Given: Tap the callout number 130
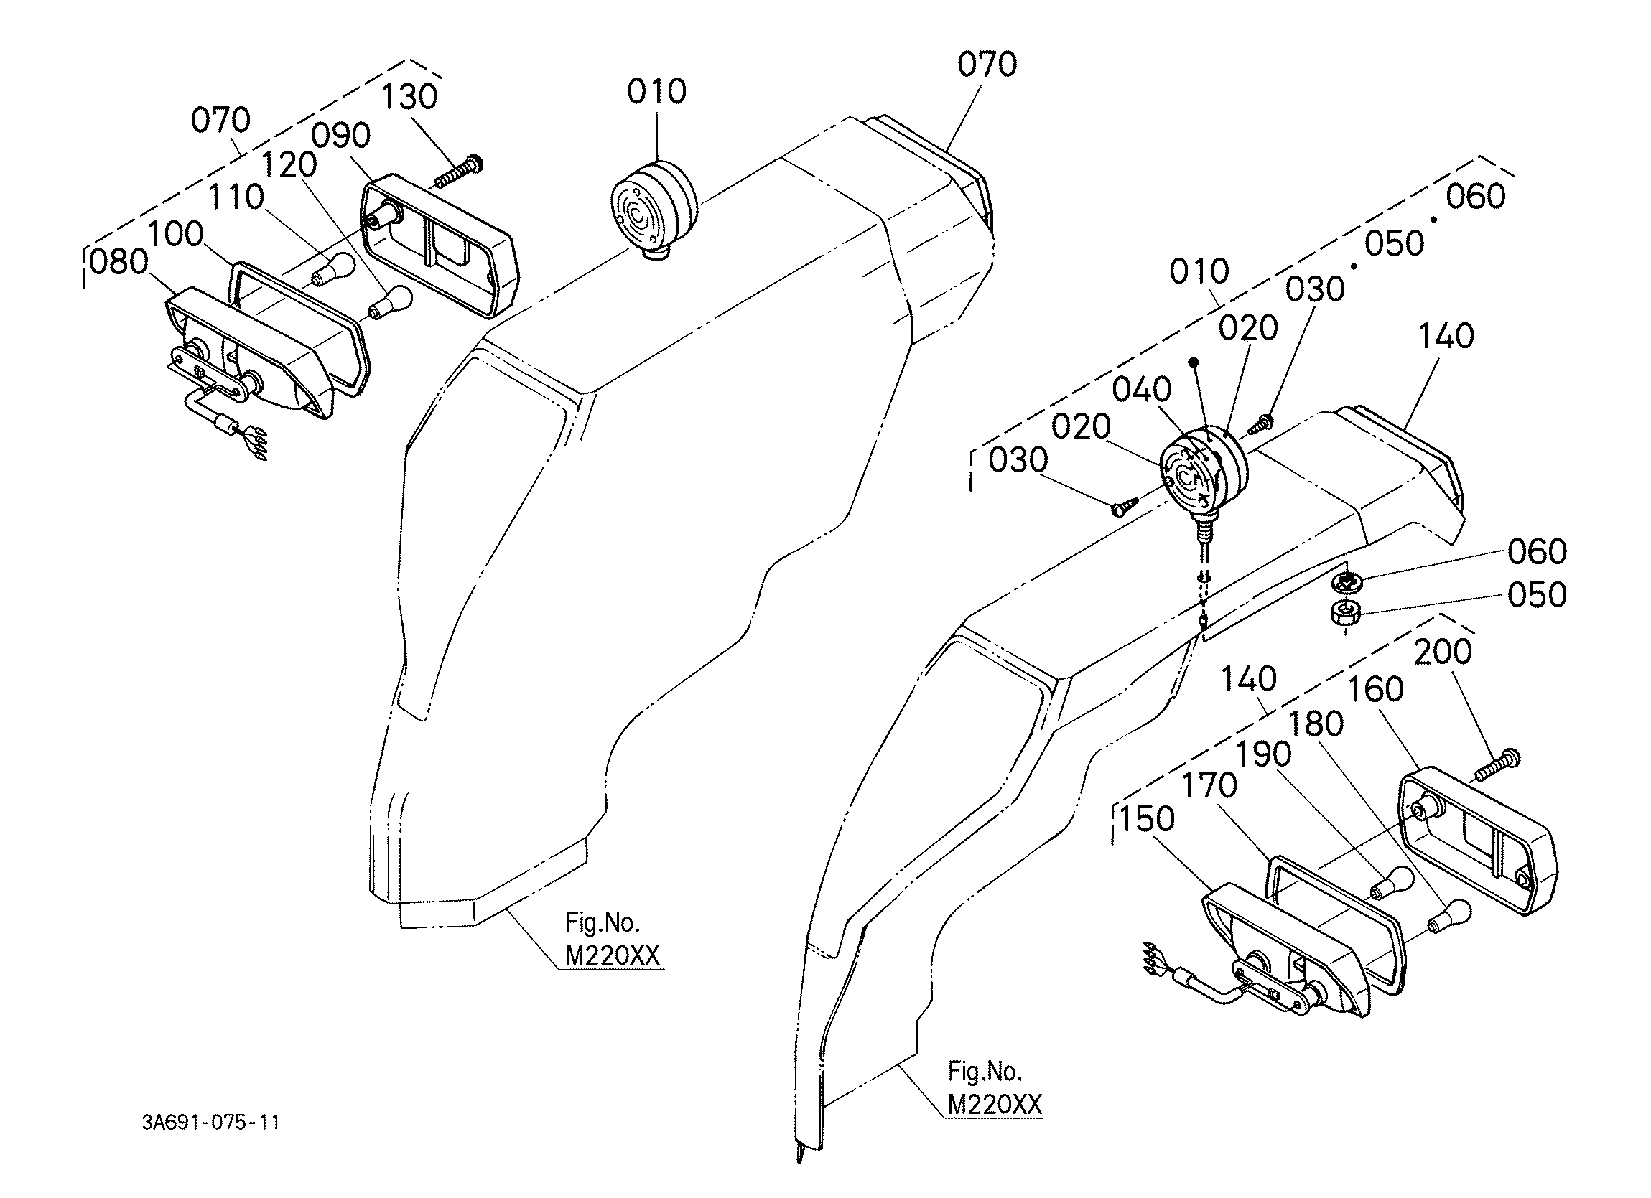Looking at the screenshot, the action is pyautogui.click(x=410, y=96).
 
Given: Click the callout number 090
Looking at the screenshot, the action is pyautogui.click(x=341, y=136).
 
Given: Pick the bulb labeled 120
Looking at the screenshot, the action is pyautogui.click(x=391, y=302).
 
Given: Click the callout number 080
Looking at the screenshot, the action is pyautogui.click(x=118, y=262).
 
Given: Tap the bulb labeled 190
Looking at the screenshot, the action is pyautogui.click(x=1391, y=884).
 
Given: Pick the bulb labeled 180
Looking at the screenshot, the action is pyautogui.click(x=1449, y=917).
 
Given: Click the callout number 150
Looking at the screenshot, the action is pyautogui.click(x=1148, y=819).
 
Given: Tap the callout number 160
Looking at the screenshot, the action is pyautogui.click(x=1376, y=689).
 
